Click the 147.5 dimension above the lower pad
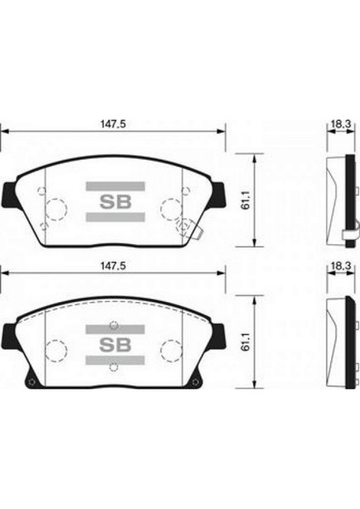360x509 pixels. click(x=112, y=266)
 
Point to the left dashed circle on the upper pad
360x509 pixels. click(x=55, y=209)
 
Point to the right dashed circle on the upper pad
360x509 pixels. click(x=171, y=209)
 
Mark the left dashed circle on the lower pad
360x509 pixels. click(x=55, y=350)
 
